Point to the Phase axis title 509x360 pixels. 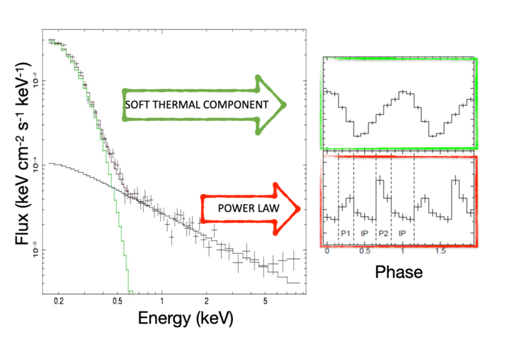[398, 272]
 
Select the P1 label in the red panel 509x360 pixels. [346, 232]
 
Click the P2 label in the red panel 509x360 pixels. [383, 232]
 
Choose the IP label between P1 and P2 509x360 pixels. [365, 232]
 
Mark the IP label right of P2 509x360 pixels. [402, 232]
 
